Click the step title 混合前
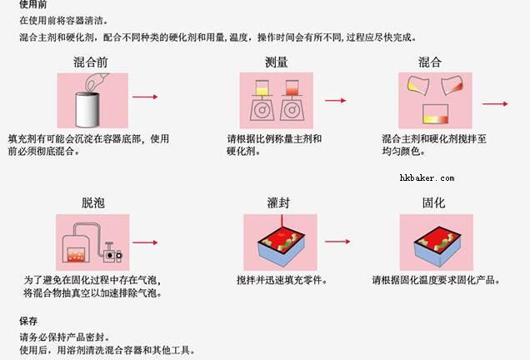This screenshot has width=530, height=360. tap(91, 62)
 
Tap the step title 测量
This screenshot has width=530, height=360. tap(276, 62)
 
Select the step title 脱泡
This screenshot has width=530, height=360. tap(93, 202)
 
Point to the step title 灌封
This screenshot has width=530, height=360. tap(278, 202)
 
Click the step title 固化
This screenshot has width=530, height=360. tap(433, 202)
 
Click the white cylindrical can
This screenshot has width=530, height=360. tap(87, 109)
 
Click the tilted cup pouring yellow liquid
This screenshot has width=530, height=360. tap(418, 85)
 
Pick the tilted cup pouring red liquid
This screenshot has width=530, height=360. tap(452, 85)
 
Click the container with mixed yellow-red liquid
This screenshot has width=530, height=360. tap(435, 114)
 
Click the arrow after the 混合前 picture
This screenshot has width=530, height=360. tap(145, 97)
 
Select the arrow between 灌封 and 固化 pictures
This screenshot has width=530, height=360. tap(337, 242)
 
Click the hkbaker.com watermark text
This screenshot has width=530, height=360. tap(427, 178)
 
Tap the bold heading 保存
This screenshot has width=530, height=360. tap(28, 321)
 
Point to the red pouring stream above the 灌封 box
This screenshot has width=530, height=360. tap(282, 222)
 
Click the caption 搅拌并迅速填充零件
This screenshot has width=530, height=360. tap(282, 280)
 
